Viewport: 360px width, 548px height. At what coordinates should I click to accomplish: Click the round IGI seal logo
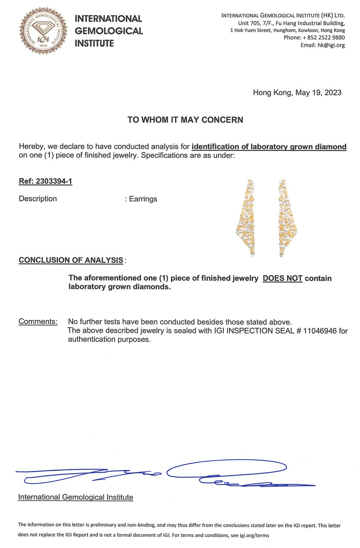point(43,31)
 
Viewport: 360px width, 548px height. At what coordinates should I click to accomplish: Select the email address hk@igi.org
point(331,45)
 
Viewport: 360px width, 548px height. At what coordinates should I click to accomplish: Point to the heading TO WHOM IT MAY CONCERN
point(185,120)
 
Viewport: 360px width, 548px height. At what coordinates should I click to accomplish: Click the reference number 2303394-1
point(54,181)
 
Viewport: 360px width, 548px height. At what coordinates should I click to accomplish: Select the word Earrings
point(143,199)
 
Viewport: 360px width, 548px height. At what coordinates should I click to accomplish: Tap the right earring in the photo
point(286,217)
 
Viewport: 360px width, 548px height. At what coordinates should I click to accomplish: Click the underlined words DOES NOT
point(282,278)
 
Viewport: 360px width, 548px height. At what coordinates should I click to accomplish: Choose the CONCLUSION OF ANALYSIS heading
point(71,260)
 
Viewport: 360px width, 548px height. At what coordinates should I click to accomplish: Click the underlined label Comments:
point(38,322)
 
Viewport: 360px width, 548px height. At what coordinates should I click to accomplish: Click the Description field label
point(38,199)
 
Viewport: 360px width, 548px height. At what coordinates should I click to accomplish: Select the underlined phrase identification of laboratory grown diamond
point(269,147)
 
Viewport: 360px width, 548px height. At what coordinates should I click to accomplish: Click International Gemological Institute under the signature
point(76,497)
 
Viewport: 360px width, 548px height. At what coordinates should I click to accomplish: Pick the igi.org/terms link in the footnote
point(254,535)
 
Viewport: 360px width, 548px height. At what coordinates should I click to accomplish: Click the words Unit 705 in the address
point(248,23)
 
